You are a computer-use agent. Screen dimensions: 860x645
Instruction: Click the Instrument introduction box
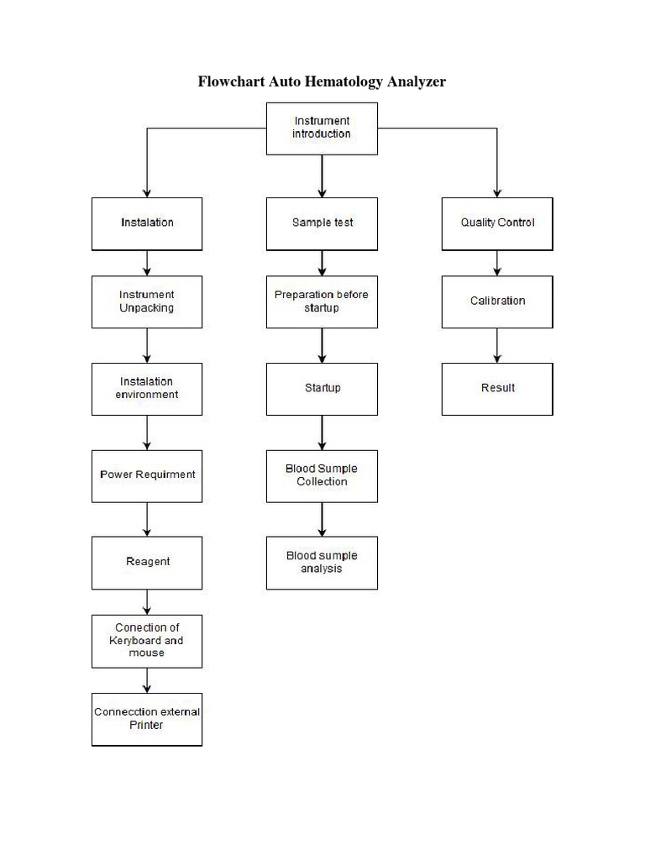322,128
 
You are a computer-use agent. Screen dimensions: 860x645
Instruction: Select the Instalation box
147,223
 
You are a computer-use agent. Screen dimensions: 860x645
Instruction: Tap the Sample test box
322,223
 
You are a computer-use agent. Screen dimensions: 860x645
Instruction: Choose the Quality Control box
497,223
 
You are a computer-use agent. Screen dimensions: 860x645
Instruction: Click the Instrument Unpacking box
147,302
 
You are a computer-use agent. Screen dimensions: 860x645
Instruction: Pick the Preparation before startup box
322,302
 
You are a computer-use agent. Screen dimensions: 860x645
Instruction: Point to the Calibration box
497,302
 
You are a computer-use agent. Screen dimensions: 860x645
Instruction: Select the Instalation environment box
147,389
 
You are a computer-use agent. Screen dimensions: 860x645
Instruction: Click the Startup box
322,389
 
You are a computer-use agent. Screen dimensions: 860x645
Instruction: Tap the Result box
497,389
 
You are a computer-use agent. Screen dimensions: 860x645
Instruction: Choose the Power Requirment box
147,475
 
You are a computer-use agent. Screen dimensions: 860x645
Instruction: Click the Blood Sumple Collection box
322,475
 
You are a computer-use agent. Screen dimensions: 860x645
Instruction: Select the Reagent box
147,562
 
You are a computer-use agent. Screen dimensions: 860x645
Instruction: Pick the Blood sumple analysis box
322,563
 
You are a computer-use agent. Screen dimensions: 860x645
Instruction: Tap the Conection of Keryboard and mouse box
147,641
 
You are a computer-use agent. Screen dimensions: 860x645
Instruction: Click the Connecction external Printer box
147,719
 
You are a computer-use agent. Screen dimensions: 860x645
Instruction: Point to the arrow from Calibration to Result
497,345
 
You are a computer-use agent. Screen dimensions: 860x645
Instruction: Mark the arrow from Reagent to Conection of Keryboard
147,601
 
